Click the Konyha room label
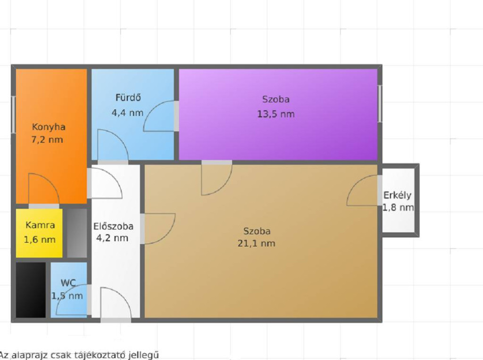pyautogui.click(x=49, y=127)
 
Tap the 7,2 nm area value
pyautogui.click(x=47, y=139)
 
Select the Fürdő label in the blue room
pyautogui.click(x=128, y=98)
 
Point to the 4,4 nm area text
pyautogui.click(x=127, y=113)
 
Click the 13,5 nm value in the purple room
pyautogui.click(x=276, y=114)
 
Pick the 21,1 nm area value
pyautogui.click(x=256, y=244)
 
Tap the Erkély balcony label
pyautogui.click(x=397, y=196)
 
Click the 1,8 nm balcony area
pyautogui.click(x=398, y=208)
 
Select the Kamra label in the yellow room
pyautogui.click(x=40, y=225)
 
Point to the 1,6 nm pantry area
pyautogui.click(x=40, y=240)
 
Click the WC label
pyautogui.click(x=68, y=283)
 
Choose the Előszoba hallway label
pyautogui.click(x=113, y=227)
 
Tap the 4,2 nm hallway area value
pyautogui.click(x=112, y=238)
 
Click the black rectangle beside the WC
pyautogui.click(x=31, y=290)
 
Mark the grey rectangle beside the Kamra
pyautogui.click(x=77, y=233)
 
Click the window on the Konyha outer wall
pyautogui.click(x=13, y=115)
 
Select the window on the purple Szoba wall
pyautogui.click(x=380, y=104)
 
